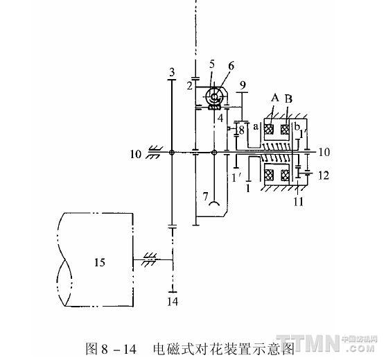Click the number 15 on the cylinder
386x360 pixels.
pyautogui.click(x=100, y=262)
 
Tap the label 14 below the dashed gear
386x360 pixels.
pyautogui.click(x=173, y=301)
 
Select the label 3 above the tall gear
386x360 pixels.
pyautogui.click(x=172, y=72)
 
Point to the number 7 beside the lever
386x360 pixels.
pyautogui.click(x=206, y=196)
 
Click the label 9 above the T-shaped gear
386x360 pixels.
pyautogui.click(x=243, y=85)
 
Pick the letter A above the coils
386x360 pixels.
pyautogui.click(x=275, y=98)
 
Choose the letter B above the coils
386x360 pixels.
pyautogui.click(x=288, y=98)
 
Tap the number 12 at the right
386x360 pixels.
pyautogui.click(x=324, y=175)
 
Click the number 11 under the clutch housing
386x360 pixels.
pyautogui.click(x=299, y=202)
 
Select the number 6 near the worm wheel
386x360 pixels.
pyautogui.click(x=231, y=66)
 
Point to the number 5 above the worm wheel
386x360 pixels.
pyautogui.click(x=212, y=64)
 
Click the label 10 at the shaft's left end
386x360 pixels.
pyautogui.click(x=136, y=154)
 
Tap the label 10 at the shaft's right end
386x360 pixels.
pyautogui.click(x=324, y=152)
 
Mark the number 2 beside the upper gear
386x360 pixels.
pyautogui.click(x=189, y=86)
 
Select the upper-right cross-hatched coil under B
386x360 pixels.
pyautogui.click(x=285, y=129)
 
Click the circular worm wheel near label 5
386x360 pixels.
pyautogui.click(x=214, y=97)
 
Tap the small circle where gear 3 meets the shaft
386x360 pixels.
pyautogui.click(x=172, y=153)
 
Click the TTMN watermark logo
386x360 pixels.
pyautogui.click(x=327, y=343)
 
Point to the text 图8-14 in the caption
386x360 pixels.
pyautogui.click(x=111, y=348)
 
